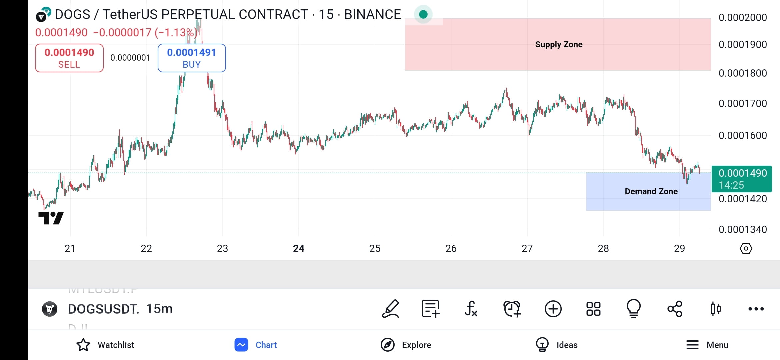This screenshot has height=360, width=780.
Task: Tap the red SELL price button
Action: tap(69, 58)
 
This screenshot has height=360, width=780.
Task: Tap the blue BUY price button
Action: tap(192, 58)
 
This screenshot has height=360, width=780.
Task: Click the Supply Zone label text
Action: tap(559, 44)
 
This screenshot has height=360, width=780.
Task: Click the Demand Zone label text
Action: tap(651, 191)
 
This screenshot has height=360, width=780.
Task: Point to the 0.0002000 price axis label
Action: tap(743, 17)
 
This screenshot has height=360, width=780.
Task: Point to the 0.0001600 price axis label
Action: tap(743, 135)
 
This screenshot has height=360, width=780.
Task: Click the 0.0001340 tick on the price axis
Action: tap(743, 229)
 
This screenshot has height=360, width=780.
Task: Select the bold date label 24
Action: tap(299, 248)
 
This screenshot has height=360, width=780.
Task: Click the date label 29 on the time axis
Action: tap(679, 248)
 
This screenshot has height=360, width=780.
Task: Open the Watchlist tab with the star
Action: tap(83, 345)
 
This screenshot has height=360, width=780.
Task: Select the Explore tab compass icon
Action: tap(388, 345)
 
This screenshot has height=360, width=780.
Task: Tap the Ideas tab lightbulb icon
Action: tap(542, 345)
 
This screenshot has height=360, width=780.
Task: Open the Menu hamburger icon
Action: tap(692, 345)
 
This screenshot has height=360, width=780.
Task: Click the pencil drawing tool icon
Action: tap(391, 309)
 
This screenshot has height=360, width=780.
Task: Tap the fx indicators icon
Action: tap(471, 309)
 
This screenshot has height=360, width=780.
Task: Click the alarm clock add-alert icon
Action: tap(512, 309)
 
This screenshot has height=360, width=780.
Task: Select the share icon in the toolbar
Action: tap(675, 309)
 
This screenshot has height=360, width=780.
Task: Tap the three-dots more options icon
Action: tap(756, 309)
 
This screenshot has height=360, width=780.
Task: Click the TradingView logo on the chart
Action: tap(51, 218)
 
